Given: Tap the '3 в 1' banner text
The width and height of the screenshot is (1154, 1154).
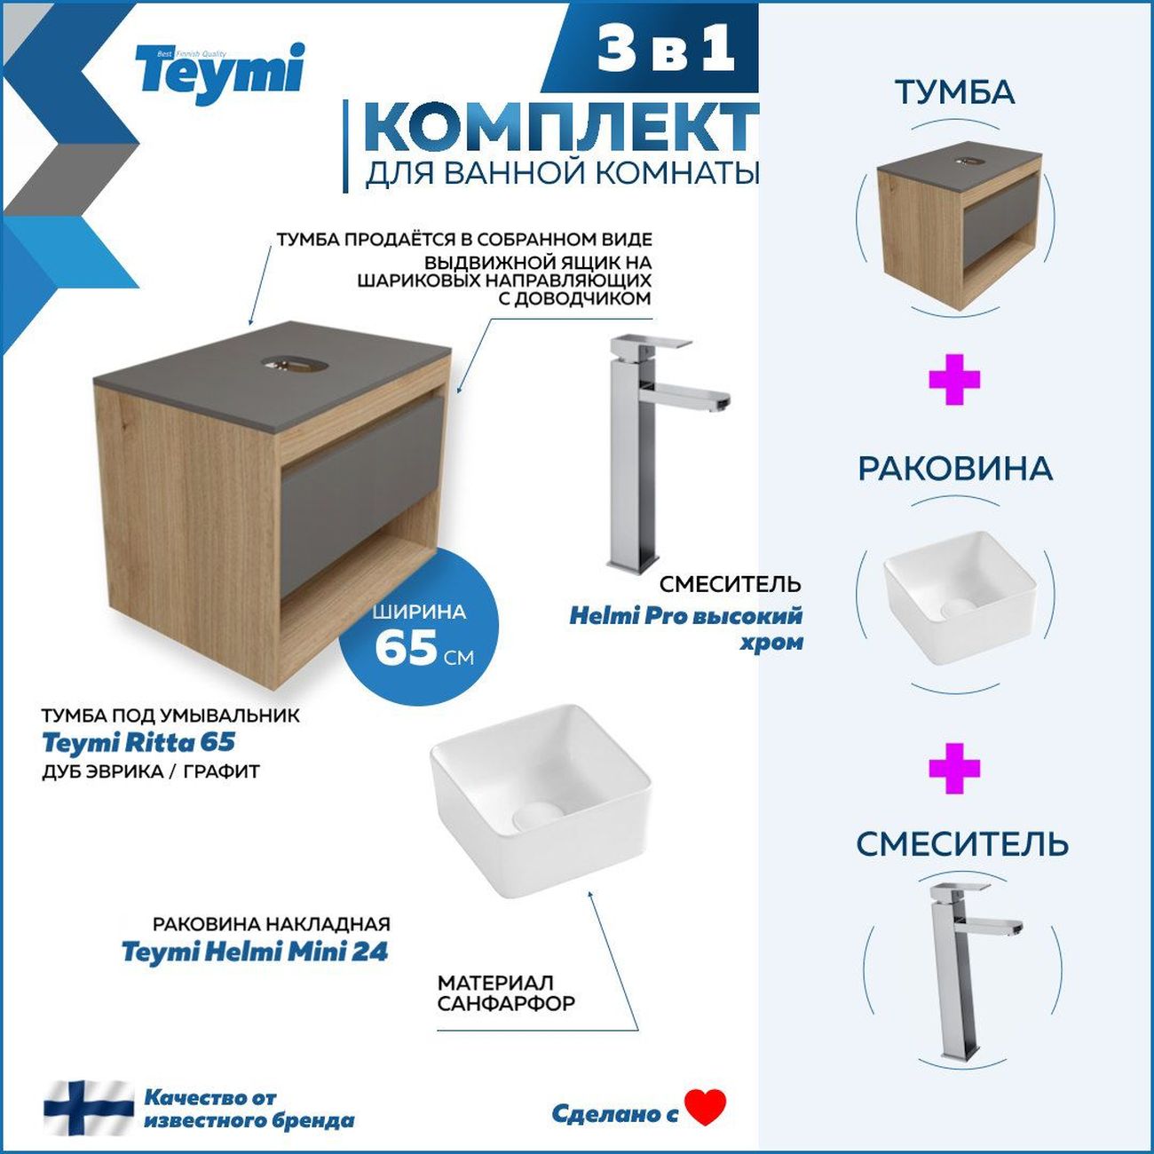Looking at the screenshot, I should coord(666,48).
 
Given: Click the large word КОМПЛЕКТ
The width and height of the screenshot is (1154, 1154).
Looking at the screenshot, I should coord(561,127).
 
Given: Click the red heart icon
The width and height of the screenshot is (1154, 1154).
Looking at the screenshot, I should coord(706,1106).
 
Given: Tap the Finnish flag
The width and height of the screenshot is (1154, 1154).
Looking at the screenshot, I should coord(88,1107).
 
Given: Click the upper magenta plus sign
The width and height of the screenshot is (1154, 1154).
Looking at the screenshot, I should coord(954,379).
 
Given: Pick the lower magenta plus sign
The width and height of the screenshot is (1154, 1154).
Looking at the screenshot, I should coord(954,768).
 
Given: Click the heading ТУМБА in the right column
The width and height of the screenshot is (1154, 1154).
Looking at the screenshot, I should coord(954,92).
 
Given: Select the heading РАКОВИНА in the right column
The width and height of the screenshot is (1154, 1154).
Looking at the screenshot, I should coord(954,469).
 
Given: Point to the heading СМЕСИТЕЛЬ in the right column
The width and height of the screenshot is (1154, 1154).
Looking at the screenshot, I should coord(961,844).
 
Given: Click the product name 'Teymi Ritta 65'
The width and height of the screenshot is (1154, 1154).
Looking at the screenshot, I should coord(138,742).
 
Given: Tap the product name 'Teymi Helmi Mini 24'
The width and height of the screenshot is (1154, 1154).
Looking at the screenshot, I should coord(255,952).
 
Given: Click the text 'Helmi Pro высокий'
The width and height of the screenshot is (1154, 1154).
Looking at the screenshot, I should coord(685,615).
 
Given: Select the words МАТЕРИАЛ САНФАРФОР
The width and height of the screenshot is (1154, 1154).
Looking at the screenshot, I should coord(506,993).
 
